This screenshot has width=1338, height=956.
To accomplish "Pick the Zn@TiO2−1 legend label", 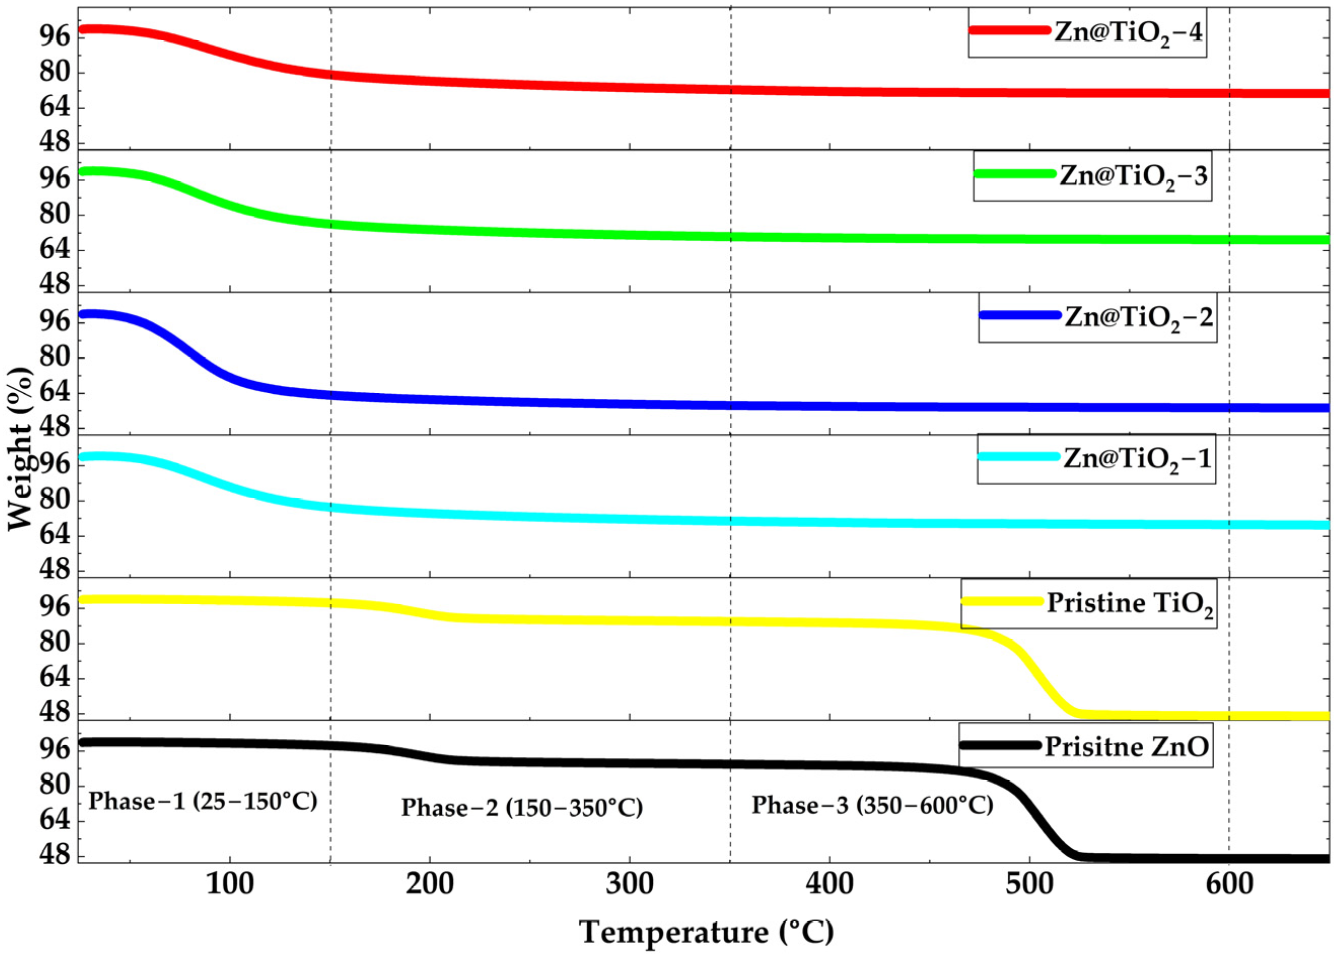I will (1138, 459).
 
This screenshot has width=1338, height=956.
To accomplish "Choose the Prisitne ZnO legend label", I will (1126, 747).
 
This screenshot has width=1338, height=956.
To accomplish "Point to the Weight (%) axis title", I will (21, 449).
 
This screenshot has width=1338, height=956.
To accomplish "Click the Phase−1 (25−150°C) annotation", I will (202, 801).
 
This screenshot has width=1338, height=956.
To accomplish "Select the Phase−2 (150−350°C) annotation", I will (522, 807).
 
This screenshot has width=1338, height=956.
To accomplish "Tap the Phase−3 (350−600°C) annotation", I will (872, 805).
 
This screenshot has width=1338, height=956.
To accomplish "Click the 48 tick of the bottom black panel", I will (55, 856).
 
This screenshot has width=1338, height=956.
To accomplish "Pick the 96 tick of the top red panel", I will (55, 36).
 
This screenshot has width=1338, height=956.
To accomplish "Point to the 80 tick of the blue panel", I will (55, 357).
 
